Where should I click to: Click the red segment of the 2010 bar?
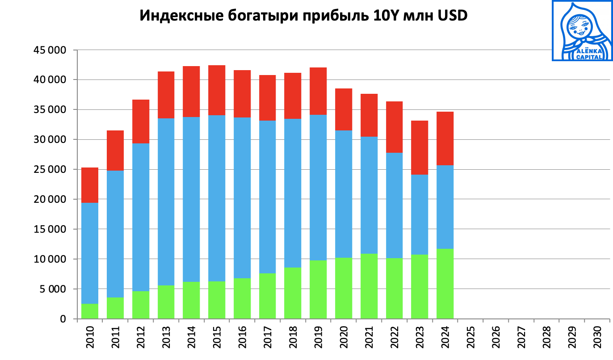point(89,185)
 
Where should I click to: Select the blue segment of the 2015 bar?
point(217,198)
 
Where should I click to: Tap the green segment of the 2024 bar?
point(445,284)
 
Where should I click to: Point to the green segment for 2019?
point(318,289)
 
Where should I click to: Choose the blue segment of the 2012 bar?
point(140,217)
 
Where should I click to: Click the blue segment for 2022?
point(394,205)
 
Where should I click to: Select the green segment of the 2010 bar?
point(89,311)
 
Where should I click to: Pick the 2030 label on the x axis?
point(597,339)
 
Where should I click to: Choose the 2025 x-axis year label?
point(470,339)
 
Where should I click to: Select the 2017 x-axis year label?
point(267,339)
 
